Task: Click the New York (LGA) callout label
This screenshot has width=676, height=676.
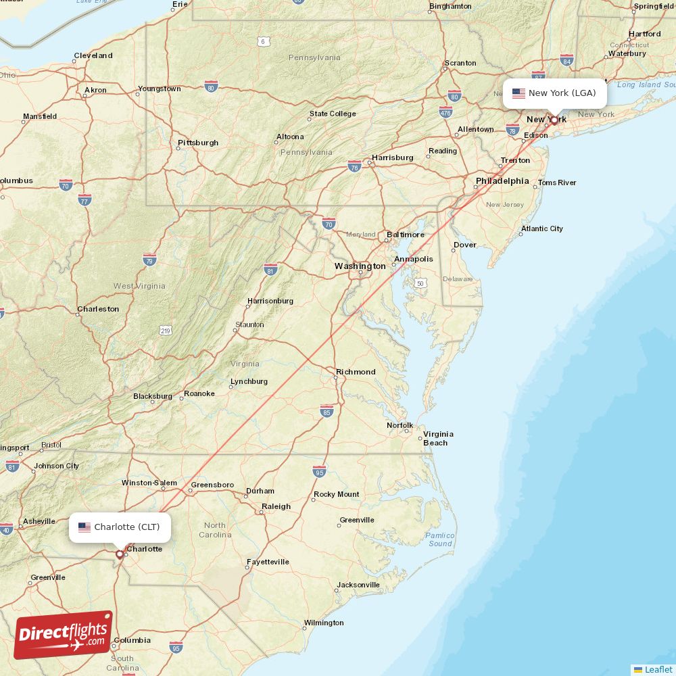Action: [x=555, y=93]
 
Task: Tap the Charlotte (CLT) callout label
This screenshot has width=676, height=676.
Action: [x=120, y=527]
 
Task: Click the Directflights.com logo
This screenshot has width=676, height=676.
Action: [x=64, y=633]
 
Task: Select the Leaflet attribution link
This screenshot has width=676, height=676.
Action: [x=658, y=669]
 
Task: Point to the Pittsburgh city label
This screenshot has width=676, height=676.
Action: [x=198, y=143]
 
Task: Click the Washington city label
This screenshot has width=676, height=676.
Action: [x=360, y=266]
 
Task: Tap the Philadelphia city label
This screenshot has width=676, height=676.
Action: [x=502, y=181]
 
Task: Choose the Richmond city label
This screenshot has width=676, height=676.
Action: [x=356, y=372]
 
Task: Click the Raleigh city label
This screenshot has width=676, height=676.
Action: [x=276, y=506]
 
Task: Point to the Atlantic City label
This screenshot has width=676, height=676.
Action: [x=541, y=228]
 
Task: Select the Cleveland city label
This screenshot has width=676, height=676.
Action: [x=93, y=55]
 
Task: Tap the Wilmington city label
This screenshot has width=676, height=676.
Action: [x=323, y=623]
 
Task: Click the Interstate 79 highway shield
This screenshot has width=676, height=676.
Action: [x=150, y=260]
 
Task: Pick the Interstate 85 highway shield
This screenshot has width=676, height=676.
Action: [x=327, y=411]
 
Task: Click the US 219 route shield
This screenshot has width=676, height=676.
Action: [x=166, y=330]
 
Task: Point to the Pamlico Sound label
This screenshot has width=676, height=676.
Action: [x=440, y=539]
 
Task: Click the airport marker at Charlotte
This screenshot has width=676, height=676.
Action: [x=120, y=554]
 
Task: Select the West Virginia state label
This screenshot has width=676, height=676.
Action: [x=139, y=286]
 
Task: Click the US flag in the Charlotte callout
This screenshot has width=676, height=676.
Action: [x=84, y=527]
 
